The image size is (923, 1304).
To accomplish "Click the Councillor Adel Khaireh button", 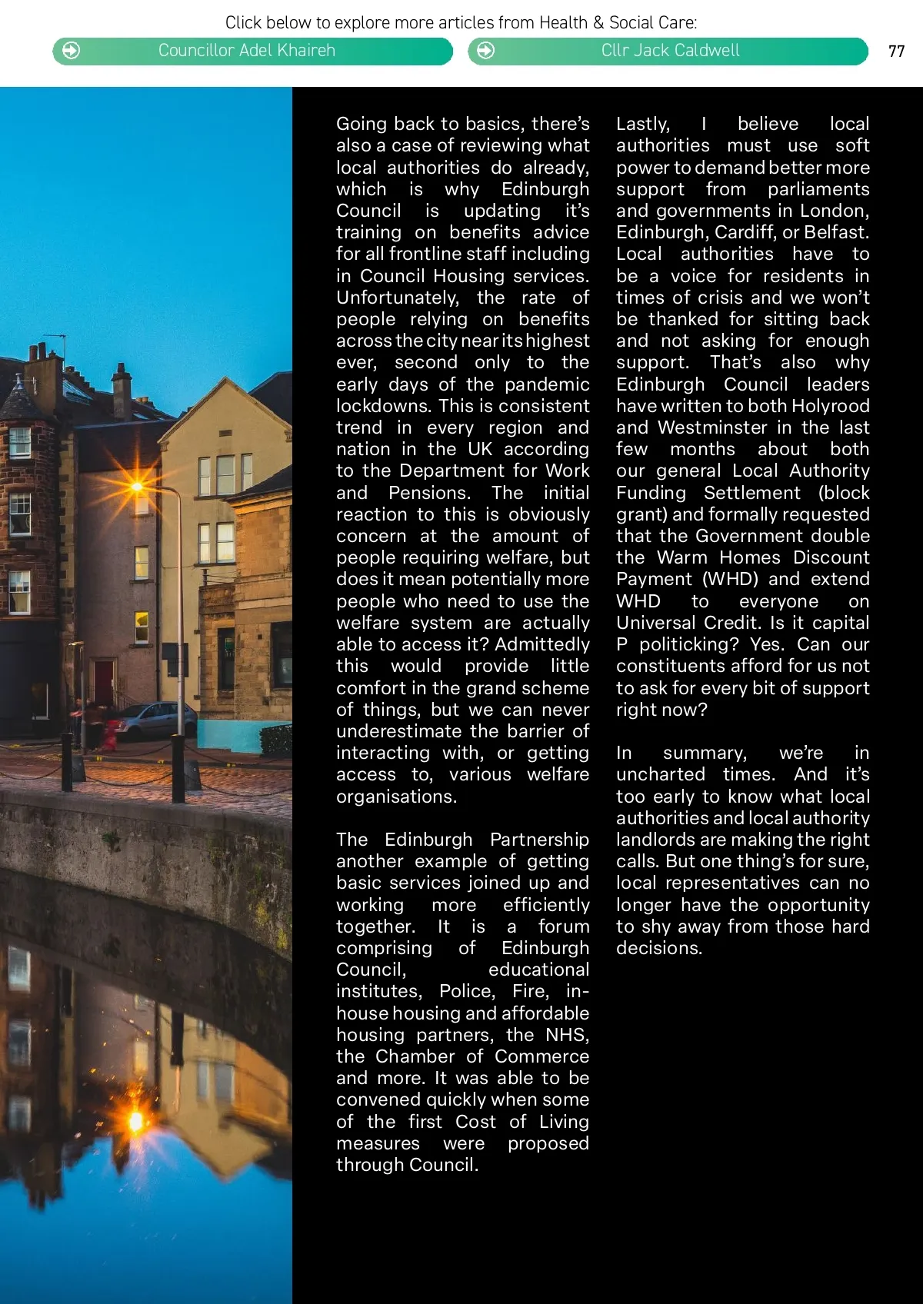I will (x=252, y=51).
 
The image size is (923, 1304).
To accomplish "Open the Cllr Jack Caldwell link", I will (x=669, y=51).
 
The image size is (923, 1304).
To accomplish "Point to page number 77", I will (x=896, y=52).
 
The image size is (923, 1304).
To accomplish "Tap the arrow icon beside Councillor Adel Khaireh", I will (x=71, y=51).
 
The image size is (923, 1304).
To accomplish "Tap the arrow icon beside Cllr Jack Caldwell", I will (x=485, y=51).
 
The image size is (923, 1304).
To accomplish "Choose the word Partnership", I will (x=539, y=840).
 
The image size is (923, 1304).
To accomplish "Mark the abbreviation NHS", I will (x=567, y=1035).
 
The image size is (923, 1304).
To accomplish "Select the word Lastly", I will (x=642, y=124).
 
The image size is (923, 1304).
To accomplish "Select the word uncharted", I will (x=660, y=774).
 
